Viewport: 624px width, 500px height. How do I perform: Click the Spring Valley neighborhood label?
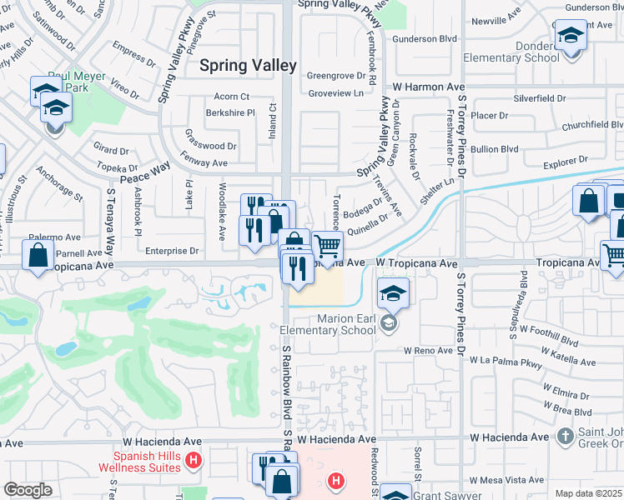tap(248, 64)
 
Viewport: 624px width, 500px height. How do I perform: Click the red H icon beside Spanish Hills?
tap(194, 459)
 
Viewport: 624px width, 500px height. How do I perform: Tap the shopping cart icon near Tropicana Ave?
tap(328, 247)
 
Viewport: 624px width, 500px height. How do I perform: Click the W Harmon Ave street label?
tap(428, 87)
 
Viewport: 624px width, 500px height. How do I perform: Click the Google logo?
tap(27, 490)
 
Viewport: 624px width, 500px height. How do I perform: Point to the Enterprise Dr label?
tap(171, 250)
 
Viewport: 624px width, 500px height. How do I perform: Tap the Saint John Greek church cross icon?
tap(565, 435)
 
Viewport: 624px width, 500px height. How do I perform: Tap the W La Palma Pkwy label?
tap(506, 361)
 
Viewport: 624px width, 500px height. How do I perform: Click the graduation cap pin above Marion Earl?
tap(393, 293)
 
